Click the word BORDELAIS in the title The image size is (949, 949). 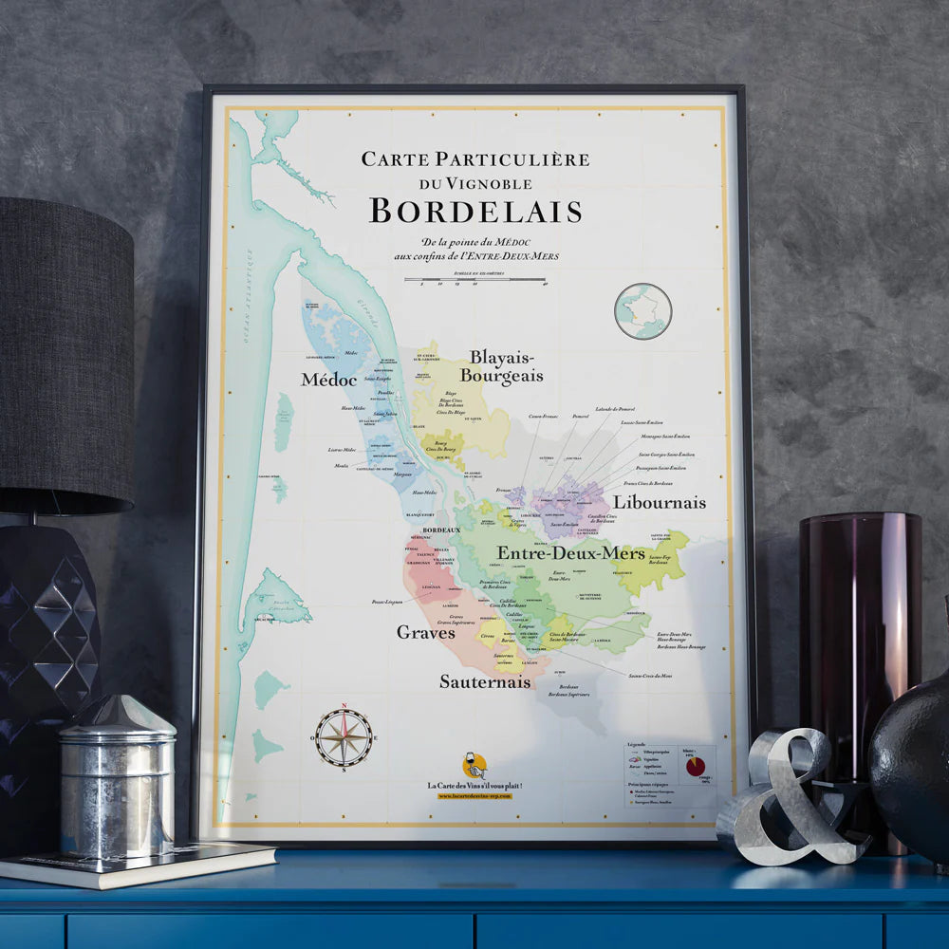pos(475,211)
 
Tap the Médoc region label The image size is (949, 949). pos(328,380)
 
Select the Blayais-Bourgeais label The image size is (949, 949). pos(502,366)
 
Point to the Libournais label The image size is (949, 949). pos(659,502)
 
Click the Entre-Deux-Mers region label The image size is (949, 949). pos(570,552)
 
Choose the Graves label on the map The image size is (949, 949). pos(425,632)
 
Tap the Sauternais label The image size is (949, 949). pos(484,681)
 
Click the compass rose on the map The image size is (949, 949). pos(344,737)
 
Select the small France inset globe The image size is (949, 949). pos(642,311)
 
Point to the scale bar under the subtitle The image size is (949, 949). pos(474,280)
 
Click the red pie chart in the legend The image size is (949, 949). pos(696,765)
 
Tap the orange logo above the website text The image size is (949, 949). pos(474,765)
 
